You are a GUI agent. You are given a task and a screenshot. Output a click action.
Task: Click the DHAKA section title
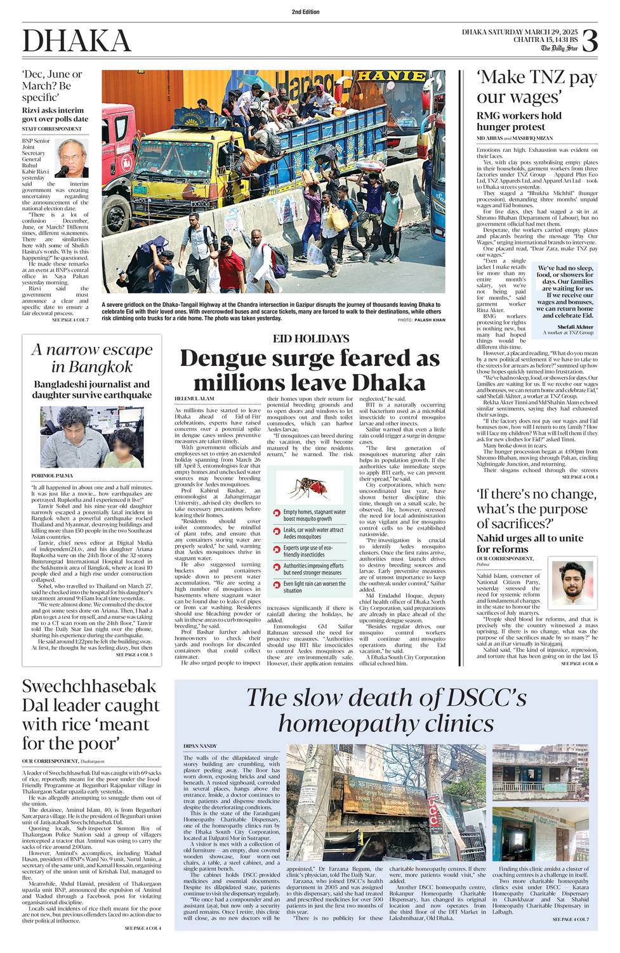click(77, 41)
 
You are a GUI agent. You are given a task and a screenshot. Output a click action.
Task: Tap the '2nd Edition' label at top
click(306, 12)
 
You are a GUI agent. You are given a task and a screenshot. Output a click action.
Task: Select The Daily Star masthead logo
click(559, 48)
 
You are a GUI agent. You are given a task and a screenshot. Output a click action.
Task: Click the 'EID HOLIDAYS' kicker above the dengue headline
click(311, 339)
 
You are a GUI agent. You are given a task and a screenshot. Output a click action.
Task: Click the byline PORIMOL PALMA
click(53, 475)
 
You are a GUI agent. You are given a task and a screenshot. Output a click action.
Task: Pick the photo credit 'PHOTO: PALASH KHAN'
click(421, 320)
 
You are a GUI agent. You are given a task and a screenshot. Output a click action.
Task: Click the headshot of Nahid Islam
click(572, 583)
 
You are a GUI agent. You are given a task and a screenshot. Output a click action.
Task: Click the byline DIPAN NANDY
click(200, 745)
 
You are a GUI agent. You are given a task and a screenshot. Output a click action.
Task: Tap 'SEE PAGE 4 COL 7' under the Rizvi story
click(70, 320)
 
